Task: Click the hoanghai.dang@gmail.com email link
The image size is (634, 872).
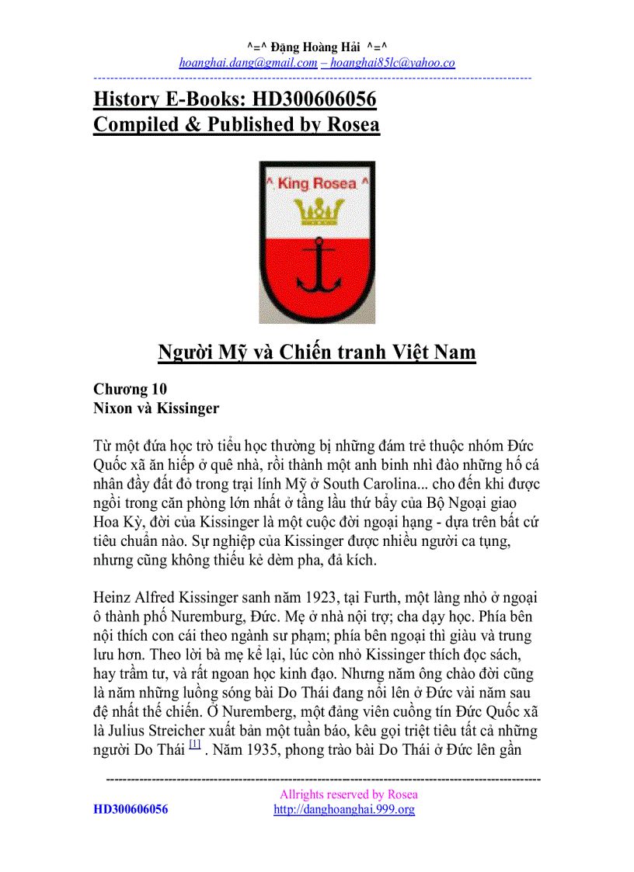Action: (x=248, y=63)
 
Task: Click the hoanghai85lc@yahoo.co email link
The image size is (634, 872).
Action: (x=392, y=63)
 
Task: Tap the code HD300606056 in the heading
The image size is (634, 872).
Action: (x=314, y=99)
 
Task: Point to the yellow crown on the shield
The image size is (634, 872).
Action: (x=316, y=209)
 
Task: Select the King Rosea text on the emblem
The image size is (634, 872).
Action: (x=316, y=184)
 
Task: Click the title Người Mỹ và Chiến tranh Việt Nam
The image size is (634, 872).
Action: (x=316, y=352)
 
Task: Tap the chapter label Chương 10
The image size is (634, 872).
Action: (x=130, y=389)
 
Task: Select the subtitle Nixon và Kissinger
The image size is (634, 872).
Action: (x=155, y=408)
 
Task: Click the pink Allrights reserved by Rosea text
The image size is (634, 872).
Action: (x=348, y=794)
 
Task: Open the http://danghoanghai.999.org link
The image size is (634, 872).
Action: (x=344, y=809)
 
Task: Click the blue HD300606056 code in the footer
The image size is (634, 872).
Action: (x=131, y=809)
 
